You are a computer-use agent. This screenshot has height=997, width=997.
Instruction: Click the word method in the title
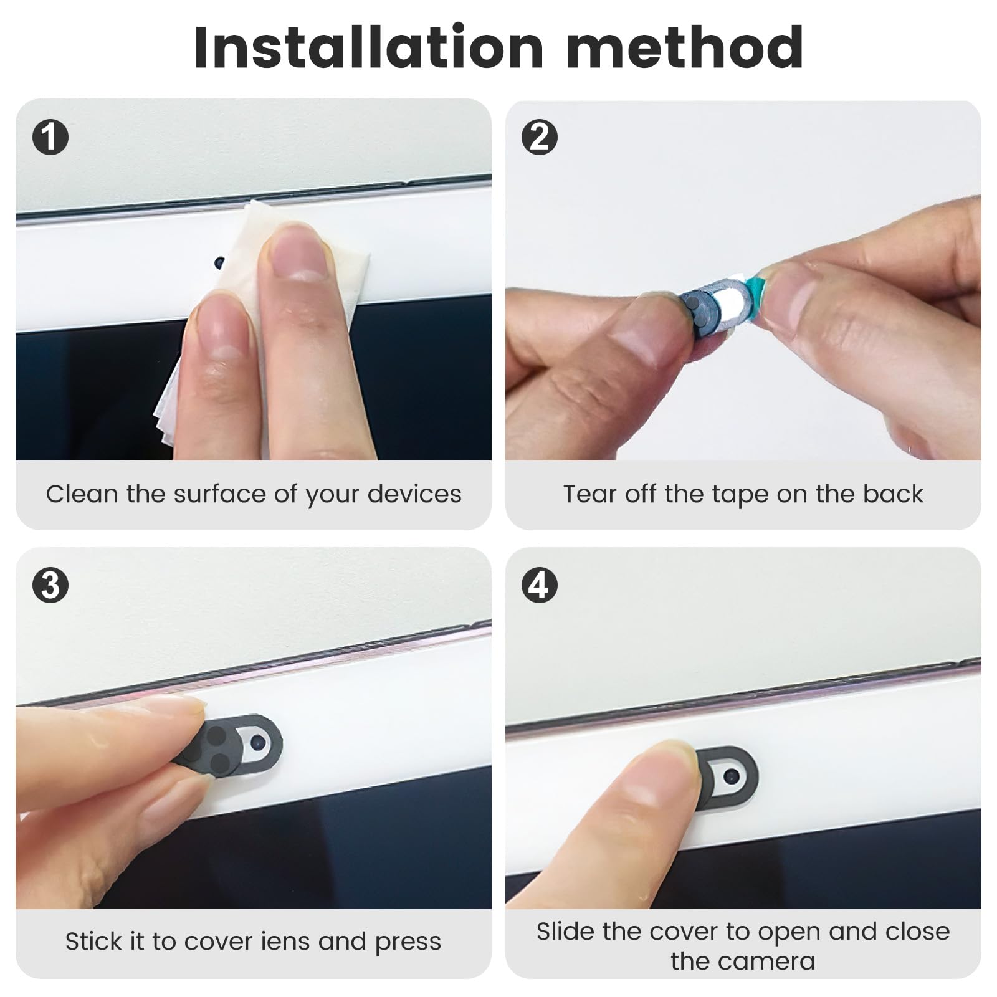[684, 48]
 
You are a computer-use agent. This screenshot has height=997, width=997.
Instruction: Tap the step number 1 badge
[50, 138]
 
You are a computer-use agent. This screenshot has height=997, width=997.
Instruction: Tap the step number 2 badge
[539, 138]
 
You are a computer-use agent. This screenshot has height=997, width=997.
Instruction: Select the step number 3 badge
[50, 586]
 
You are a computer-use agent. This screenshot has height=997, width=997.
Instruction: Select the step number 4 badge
[539, 586]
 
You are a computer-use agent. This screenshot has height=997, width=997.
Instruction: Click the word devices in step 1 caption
[414, 494]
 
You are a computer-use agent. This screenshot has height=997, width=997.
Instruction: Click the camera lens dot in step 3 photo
[257, 742]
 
